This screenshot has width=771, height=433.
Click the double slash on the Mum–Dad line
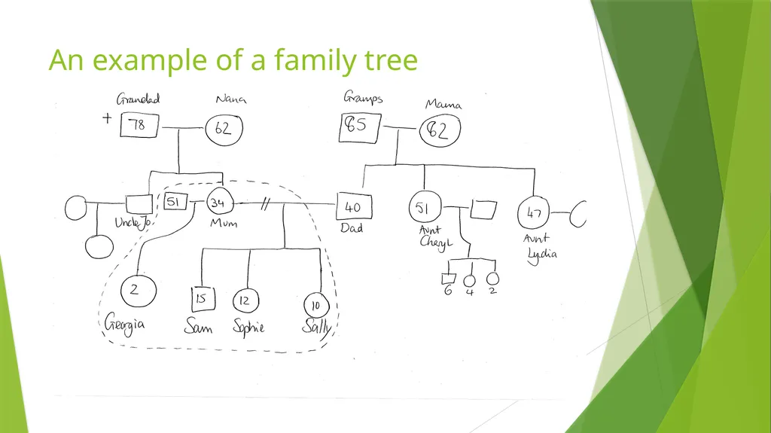265,204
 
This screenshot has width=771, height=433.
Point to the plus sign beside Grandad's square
107,118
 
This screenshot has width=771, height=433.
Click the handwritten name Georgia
124,325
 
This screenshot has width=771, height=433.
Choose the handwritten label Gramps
363,97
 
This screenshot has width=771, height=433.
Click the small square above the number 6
449,279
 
